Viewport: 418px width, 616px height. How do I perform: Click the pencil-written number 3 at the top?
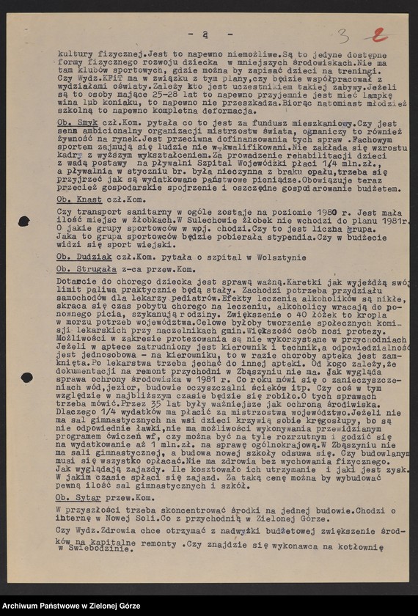(343, 35)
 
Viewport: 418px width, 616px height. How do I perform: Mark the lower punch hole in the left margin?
(27, 377)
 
